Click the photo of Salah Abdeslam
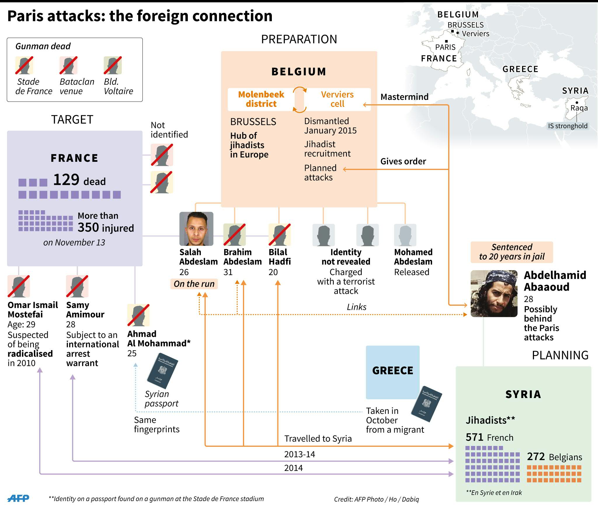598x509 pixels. (196, 229)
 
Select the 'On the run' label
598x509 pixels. (194, 284)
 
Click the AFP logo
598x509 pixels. (18, 498)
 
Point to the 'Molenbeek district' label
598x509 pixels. (261, 99)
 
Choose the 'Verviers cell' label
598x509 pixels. (337, 99)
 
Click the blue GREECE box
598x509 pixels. (393, 372)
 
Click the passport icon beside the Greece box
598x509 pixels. (426, 404)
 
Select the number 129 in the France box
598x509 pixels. (66, 179)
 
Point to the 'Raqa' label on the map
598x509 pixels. (579, 108)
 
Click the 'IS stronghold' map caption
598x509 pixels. (568, 126)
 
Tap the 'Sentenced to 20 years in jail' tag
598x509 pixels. (512, 252)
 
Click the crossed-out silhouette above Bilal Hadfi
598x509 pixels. (280, 234)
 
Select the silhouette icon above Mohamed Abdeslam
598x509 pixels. (405, 235)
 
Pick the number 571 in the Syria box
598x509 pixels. (475, 437)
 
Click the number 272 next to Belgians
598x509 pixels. (536, 456)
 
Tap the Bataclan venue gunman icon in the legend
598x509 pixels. (69, 65)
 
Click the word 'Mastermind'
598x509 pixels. (404, 97)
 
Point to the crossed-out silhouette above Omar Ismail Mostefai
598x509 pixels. (19, 286)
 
